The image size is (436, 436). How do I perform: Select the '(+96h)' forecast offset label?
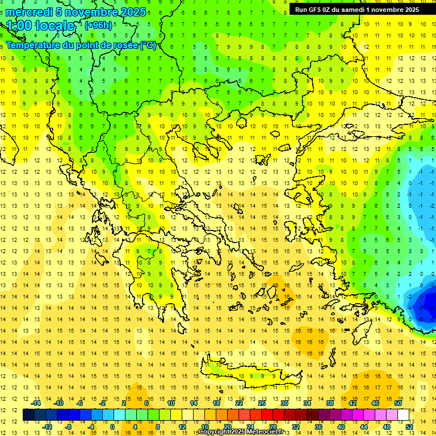click(98, 25)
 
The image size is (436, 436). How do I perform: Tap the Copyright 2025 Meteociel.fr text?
click(241, 432)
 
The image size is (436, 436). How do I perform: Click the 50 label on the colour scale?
click(397, 403)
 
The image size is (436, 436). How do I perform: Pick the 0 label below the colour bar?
click(112, 427)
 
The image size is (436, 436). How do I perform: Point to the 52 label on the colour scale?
click(409, 427)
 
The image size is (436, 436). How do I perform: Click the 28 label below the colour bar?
click(272, 427)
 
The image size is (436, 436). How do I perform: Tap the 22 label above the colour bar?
click(239, 403)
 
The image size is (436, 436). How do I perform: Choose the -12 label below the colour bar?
click(47, 427)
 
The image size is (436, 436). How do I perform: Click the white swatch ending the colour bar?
click(403, 414)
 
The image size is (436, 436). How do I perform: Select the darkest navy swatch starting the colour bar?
click(28, 414)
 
